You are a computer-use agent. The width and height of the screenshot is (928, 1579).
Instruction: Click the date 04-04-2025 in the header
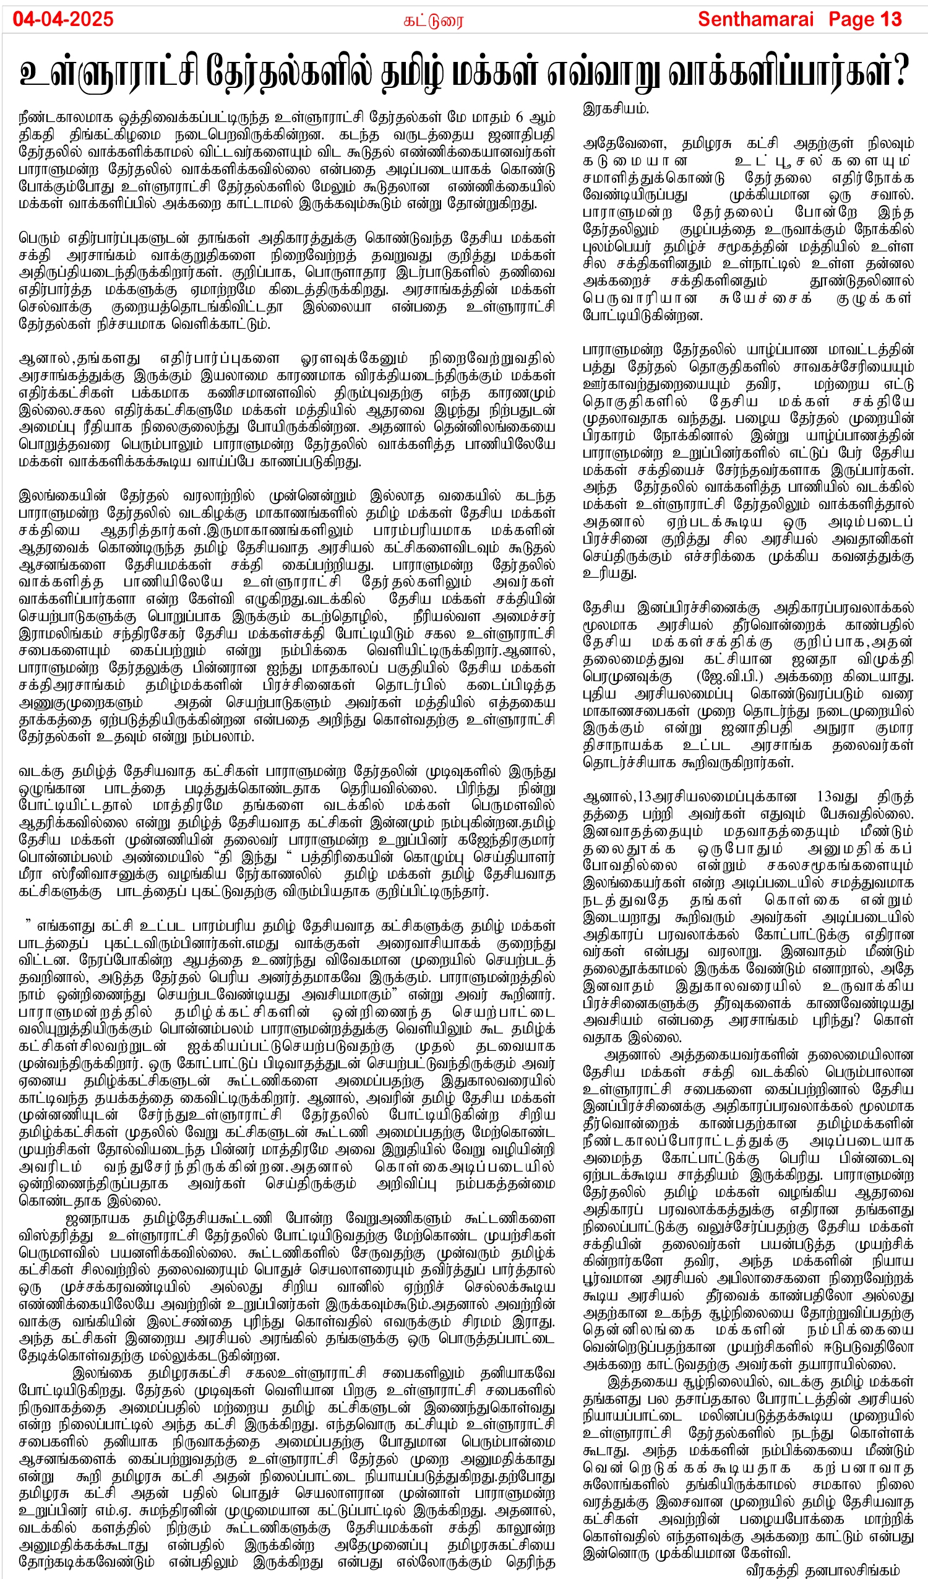[62, 19]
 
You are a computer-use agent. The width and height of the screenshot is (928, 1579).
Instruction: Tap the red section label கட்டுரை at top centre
[433, 21]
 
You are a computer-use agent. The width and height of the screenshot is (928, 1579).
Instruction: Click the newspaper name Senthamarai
[755, 19]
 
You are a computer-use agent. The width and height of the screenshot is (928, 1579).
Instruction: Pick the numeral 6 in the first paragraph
[519, 117]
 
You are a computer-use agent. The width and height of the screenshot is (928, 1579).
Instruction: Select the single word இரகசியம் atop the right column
[616, 108]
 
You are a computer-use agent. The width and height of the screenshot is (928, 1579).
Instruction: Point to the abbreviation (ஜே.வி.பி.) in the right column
[729, 677]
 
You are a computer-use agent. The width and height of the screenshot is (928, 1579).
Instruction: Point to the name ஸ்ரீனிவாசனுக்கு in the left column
[106, 874]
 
